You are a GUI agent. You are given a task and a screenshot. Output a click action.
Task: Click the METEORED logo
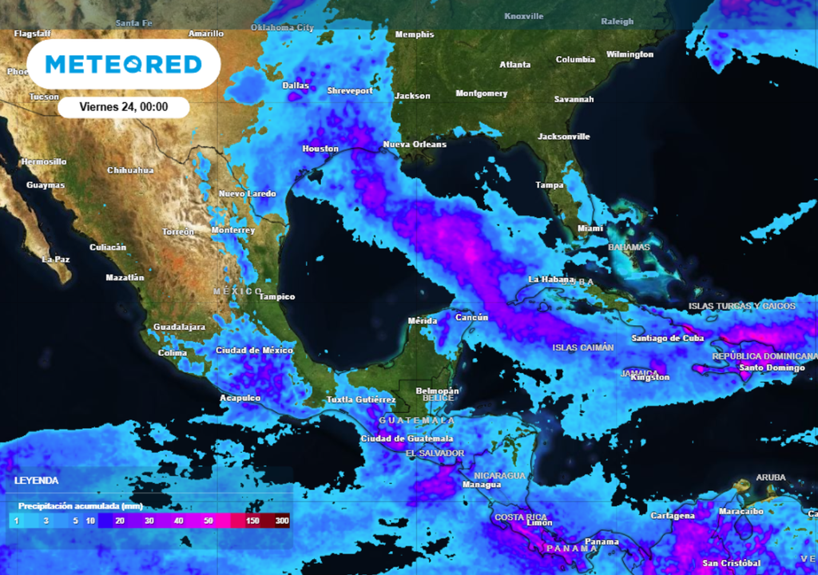(x=123, y=64)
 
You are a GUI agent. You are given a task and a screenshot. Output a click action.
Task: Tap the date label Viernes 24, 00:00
(x=124, y=107)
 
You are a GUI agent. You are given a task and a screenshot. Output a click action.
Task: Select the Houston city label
(x=320, y=149)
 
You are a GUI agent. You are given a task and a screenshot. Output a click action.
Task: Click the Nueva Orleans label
(x=415, y=145)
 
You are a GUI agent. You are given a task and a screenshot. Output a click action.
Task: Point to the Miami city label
(x=590, y=229)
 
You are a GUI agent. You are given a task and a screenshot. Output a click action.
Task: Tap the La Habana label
(x=551, y=280)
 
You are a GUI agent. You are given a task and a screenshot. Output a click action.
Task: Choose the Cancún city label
(x=471, y=318)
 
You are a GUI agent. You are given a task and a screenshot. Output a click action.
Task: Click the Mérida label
(x=423, y=321)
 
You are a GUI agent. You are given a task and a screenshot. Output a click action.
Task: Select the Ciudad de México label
(x=254, y=351)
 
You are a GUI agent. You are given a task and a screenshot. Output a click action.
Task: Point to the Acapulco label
(x=240, y=398)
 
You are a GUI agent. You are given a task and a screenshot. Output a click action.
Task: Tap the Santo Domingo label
(x=772, y=368)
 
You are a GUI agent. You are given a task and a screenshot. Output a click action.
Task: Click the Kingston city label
(x=650, y=378)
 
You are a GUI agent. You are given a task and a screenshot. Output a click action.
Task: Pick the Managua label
(x=482, y=485)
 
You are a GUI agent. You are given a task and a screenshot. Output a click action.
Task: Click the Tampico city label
(x=276, y=297)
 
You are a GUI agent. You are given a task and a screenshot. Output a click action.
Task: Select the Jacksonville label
(x=564, y=137)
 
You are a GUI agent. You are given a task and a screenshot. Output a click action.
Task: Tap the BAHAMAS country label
(x=629, y=248)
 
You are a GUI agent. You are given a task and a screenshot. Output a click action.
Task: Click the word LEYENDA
(x=36, y=481)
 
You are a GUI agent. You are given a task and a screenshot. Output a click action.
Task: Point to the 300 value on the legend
(x=282, y=521)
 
